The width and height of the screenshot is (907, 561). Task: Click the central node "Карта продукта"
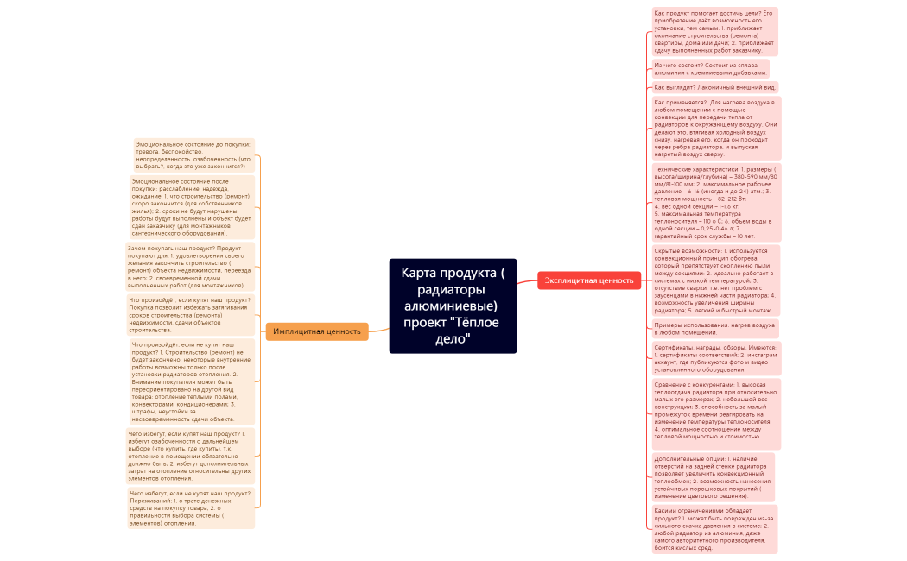pyautogui.click(x=453, y=306)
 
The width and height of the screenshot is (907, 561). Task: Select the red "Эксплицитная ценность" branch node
pyautogui.click(x=589, y=280)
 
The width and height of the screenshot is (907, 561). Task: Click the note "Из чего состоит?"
pyautogui.click(x=710, y=68)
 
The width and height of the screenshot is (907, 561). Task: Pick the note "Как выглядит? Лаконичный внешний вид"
pyautogui.click(x=715, y=87)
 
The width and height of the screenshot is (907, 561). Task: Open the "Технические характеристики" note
pyautogui.click(x=716, y=203)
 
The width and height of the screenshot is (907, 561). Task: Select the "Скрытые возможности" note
pyautogui.click(x=716, y=280)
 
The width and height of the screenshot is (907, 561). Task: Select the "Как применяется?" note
pyautogui.click(x=716, y=128)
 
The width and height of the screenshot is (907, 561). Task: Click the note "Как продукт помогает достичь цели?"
pyautogui.click(x=714, y=32)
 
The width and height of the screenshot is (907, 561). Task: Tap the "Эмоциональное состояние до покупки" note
pyautogui.click(x=194, y=154)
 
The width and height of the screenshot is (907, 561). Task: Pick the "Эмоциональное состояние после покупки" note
pyautogui.click(x=192, y=207)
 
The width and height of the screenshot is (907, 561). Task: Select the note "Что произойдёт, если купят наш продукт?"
pyautogui.click(x=191, y=315)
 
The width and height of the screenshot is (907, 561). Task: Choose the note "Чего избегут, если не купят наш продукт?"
pyautogui.click(x=191, y=507)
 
